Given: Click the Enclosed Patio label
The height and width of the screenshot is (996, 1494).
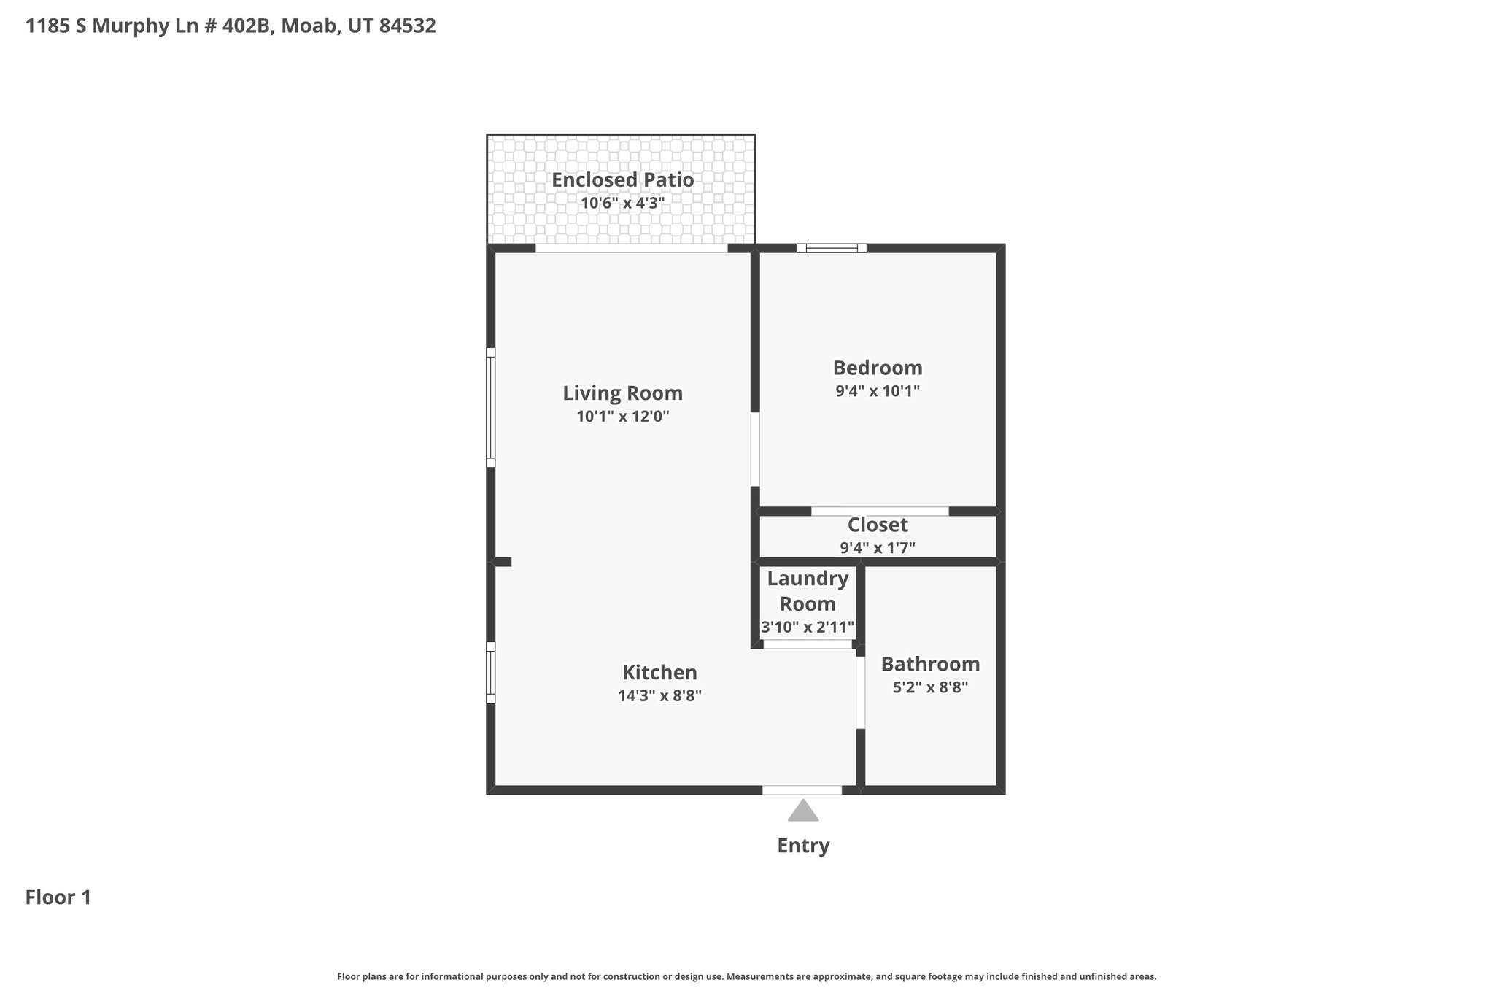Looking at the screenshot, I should pyautogui.click(x=622, y=179).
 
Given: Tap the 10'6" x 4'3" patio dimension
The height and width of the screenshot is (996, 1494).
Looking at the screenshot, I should pyautogui.click(x=622, y=203).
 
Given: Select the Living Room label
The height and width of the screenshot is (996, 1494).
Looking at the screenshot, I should pyautogui.click(x=622, y=393).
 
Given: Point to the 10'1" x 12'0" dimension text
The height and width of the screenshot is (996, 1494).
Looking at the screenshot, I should pyautogui.click(x=622, y=417).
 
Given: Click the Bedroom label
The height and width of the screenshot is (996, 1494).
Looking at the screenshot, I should pyautogui.click(x=878, y=368).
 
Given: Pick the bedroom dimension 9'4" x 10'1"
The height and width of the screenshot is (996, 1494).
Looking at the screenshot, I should pyautogui.click(x=878, y=391).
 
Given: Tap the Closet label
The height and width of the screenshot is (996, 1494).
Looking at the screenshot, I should pyautogui.click(x=878, y=525).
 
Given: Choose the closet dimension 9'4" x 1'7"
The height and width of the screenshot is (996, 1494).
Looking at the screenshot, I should pyautogui.click(x=878, y=548).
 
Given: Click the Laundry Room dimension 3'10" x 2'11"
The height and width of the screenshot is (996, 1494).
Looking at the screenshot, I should pyautogui.click(x=807, y=627).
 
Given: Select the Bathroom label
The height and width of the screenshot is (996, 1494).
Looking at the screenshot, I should pyautogui.click(x=930, y=664).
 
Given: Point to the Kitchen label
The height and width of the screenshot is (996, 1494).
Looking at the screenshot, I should pyautogui.click(x=659, y=672).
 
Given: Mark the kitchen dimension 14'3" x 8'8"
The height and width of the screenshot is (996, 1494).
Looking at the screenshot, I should pyautogui.click(x=659, y=695).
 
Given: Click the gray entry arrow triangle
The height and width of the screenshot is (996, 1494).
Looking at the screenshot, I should pyautogui.click(x=803, y=811).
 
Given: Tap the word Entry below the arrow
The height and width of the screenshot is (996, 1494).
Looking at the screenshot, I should pyautogui.click(x=803, y=846).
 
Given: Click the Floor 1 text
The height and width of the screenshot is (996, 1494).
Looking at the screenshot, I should pyautogui.click(x=58, y=897).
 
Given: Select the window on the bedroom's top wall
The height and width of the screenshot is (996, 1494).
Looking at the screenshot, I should pyautogui.click(x=832, y=248).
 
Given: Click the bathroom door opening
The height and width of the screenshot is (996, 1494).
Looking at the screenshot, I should pyautogui.click(x=860, y=692).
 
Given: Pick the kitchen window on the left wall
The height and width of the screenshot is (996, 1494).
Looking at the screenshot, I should pyautogui.click(x=491, y=672).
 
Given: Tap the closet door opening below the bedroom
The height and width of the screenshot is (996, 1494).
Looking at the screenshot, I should pyautogui.click(x=880, y=511).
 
